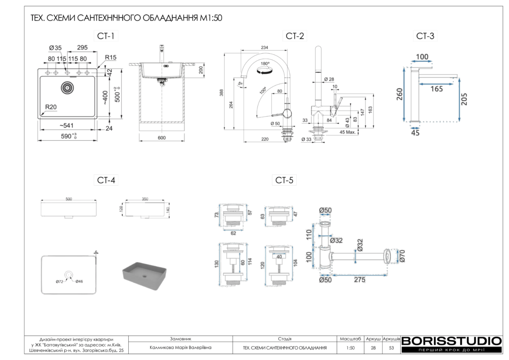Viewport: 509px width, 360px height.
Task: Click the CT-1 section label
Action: coord(105,36)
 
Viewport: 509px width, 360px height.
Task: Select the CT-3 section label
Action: coord(425,36)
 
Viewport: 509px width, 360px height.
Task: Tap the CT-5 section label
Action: coord(285,180)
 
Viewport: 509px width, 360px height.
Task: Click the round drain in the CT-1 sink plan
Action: coord(67,88)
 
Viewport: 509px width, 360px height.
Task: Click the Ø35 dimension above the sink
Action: coord(55,48)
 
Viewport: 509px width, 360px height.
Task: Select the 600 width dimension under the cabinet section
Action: coord(162,138)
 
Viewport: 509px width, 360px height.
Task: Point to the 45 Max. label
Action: coord(347,132)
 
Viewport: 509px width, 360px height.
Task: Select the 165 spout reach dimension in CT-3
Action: coord(437,89)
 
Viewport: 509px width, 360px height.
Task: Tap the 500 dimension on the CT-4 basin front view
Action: coord(69,199)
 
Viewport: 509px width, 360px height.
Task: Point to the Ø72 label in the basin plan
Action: coord(59,282)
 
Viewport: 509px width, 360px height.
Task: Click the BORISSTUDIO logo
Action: coord(451,341)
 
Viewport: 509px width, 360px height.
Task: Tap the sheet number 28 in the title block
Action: coord(373,348)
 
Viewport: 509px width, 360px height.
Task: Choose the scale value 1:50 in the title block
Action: coord(351,348)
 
